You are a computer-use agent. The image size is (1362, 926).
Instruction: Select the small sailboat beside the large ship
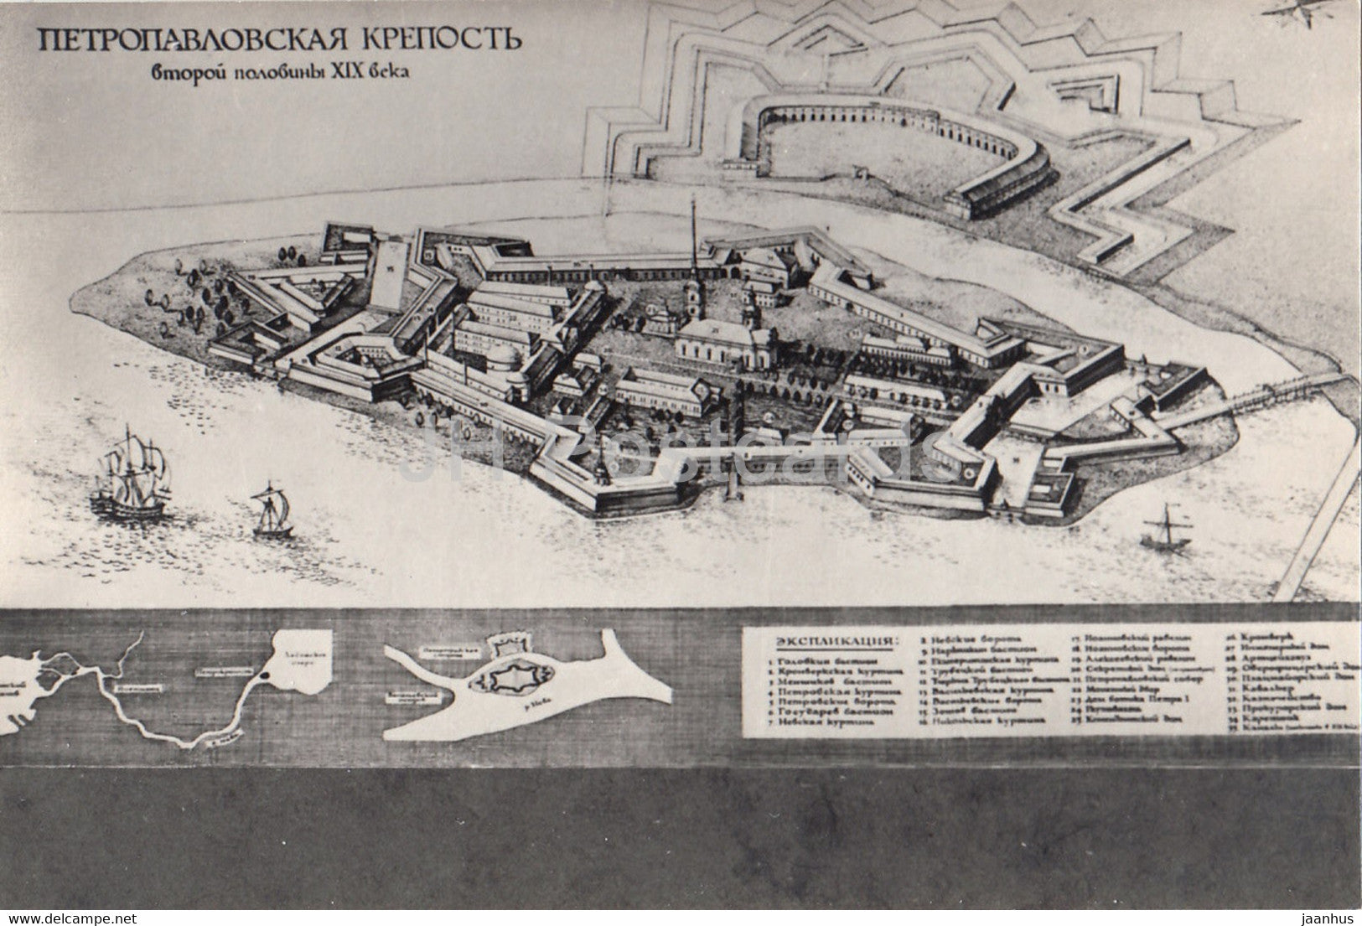coord(272,511)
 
